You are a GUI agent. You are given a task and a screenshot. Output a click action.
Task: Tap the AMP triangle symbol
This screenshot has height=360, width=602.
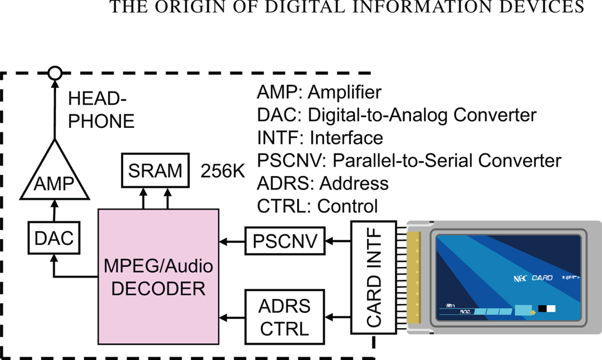coord(55,178)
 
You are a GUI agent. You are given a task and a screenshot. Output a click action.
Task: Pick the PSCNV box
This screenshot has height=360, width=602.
coord(285,241)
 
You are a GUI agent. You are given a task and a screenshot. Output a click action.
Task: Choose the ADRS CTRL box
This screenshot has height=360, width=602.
coord(285,317)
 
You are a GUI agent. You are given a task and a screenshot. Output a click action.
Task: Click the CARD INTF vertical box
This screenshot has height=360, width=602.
coord(373,278)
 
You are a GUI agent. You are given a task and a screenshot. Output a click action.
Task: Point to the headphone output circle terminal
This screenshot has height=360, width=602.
coord(54,73)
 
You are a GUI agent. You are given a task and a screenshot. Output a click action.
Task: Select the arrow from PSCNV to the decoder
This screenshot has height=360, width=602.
coord(232,242)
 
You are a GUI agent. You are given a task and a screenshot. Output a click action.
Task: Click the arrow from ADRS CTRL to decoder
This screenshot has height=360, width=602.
coord(232,318)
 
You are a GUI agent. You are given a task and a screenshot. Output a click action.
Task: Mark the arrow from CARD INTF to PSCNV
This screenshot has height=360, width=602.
coord(338,242)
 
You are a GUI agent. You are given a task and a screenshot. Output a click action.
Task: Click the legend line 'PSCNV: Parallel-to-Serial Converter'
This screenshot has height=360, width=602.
coord(409,160)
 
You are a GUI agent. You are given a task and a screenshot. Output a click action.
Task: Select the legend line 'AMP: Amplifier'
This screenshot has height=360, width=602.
coord(319,92)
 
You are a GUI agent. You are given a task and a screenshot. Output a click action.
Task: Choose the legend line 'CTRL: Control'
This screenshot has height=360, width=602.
coord(317,206)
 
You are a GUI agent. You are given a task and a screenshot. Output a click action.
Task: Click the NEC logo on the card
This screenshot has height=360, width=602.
coord(520,278)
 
